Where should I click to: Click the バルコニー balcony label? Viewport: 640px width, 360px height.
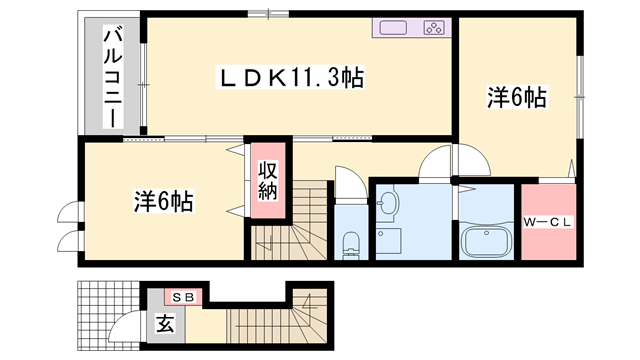[x=112, y=75]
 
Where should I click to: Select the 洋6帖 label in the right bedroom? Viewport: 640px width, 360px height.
[x=516, y=97]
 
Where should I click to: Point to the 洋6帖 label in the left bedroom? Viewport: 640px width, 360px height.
[x=164, y=200]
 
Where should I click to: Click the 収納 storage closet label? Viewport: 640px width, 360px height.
[x=267, y=180]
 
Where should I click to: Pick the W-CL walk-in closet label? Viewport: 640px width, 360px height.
[x=547, y=222]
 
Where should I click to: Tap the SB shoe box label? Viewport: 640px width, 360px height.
[x=184, y=297]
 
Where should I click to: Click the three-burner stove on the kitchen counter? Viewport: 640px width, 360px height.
[x=435, y=27]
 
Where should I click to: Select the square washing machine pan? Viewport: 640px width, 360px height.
[x=389, y=241]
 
